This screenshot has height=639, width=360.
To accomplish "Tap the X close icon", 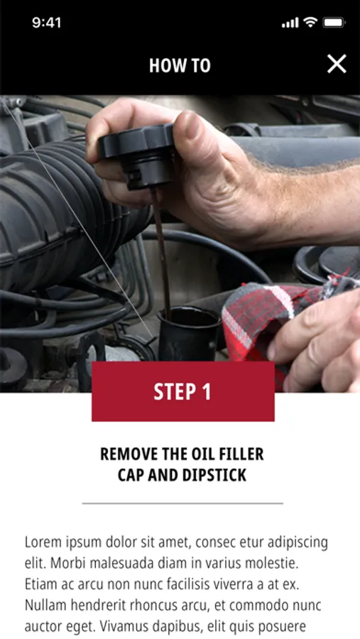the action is [x=337, y=64].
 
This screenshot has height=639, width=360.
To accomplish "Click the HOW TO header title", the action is [x=180, y=65].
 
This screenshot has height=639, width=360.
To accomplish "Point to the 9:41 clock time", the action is [x=46, y=23].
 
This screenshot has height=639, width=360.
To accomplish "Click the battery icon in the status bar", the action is [x=334, y=23].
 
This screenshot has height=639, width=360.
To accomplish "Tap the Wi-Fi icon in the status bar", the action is [x=311, y=23].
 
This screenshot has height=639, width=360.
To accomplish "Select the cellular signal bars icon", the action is [x=290, y=23].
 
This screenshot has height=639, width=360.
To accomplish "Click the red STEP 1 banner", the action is [x=183, y=391].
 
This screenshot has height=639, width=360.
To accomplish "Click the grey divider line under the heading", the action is [x=182, y=503].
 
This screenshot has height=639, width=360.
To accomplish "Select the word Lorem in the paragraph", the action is [x=40, y=542].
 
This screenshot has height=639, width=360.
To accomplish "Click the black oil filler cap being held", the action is [x=137, y=155].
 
